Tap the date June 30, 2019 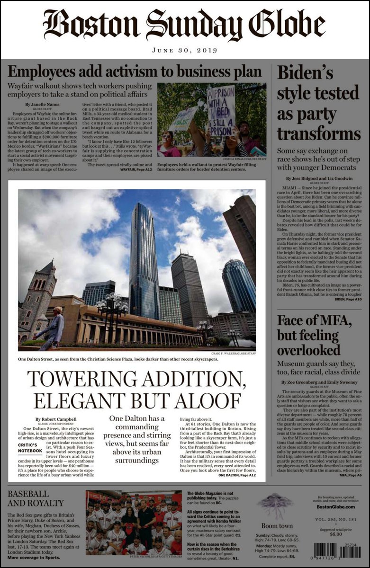185,50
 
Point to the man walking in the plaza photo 53,327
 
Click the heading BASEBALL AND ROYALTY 36,498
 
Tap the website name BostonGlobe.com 335,507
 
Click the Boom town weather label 277,525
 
